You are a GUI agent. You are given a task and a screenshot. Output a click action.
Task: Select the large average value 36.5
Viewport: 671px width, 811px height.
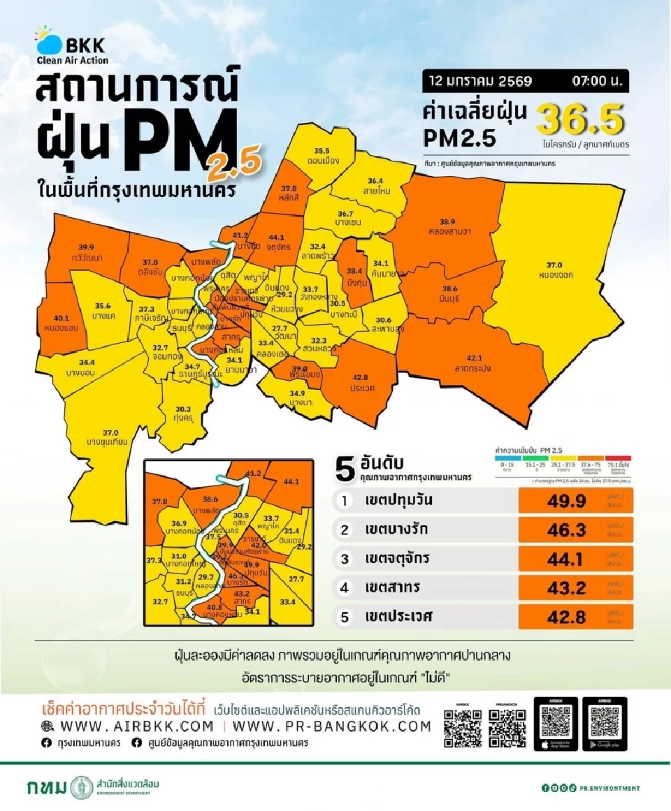579,121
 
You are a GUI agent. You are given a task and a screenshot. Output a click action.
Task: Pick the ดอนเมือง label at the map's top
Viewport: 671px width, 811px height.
322,155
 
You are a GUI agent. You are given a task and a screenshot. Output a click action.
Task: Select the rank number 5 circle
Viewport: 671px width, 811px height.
344,617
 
